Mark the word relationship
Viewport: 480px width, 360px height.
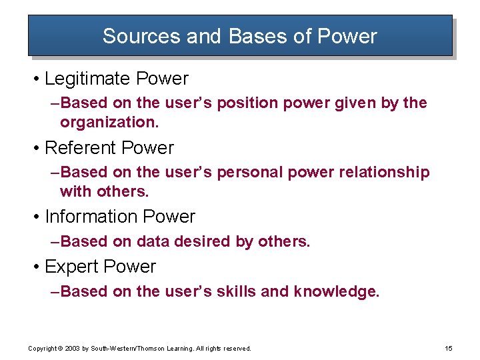[384, 173]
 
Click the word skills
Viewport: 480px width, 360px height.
[237, 291]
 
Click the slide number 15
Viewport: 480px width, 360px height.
[447, 348]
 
